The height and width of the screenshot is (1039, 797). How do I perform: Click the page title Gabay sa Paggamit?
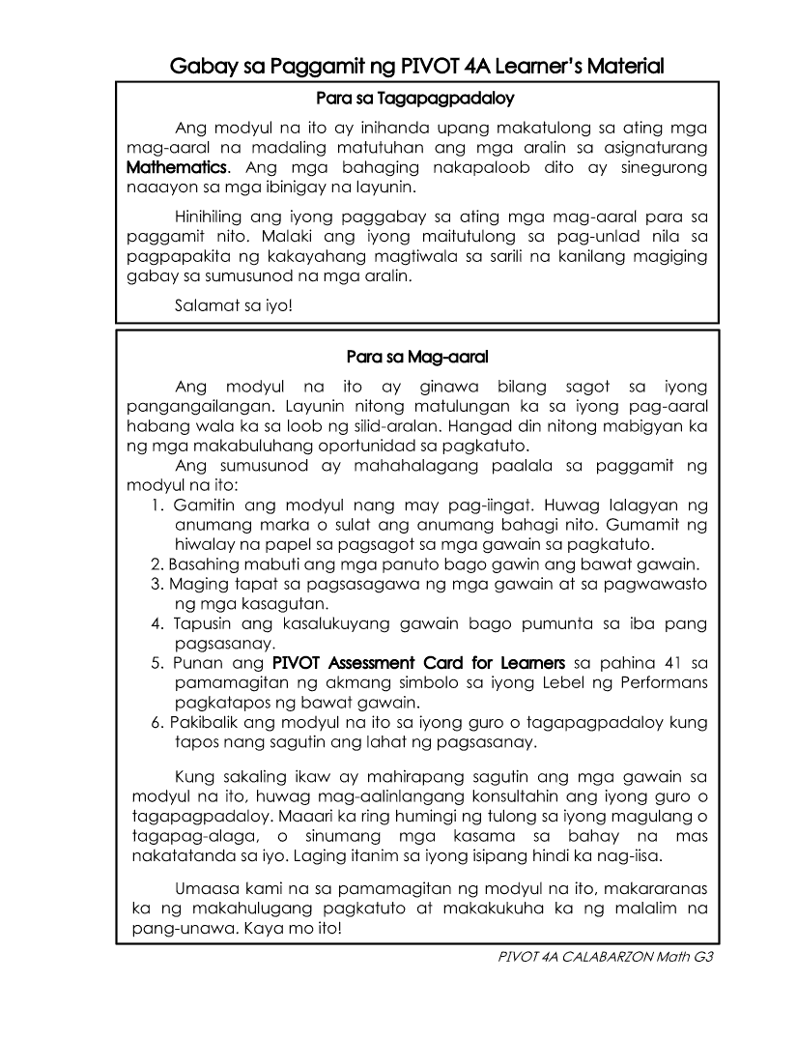point(416,67)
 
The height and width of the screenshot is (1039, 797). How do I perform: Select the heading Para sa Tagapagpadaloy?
point(416,98)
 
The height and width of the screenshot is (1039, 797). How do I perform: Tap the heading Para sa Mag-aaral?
point(416,358)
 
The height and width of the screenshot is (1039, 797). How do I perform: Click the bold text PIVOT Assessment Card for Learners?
point(418,663)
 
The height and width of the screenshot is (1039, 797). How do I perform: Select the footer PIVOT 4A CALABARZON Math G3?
point(598,958)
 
